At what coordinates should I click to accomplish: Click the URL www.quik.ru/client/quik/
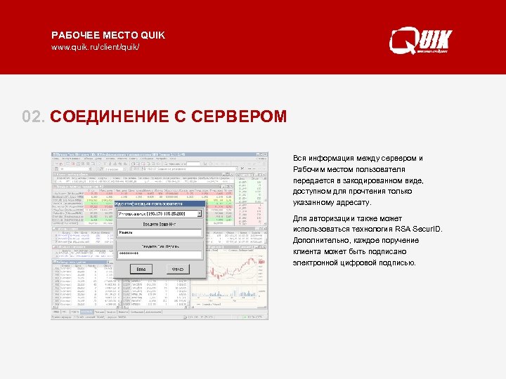[x=96, y=47]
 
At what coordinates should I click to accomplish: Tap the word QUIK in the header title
[x=153, y=35]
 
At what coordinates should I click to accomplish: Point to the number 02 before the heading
[x=33, y=116]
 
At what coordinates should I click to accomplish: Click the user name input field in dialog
[x=159, y=233]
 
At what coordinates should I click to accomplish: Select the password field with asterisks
[x=159, y=253]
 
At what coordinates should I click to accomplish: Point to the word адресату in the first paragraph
[x=351, y=202]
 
